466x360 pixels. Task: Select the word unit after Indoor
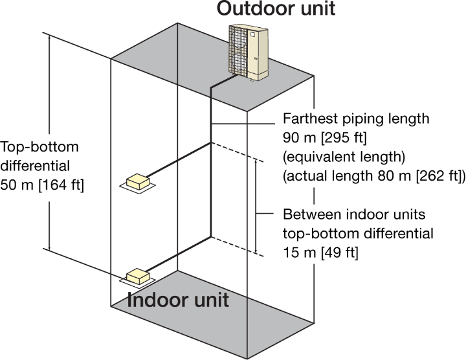[x=209, y=301]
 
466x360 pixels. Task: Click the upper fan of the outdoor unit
[x=240, y=41]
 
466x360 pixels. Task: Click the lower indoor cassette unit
[x=138, y=277]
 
